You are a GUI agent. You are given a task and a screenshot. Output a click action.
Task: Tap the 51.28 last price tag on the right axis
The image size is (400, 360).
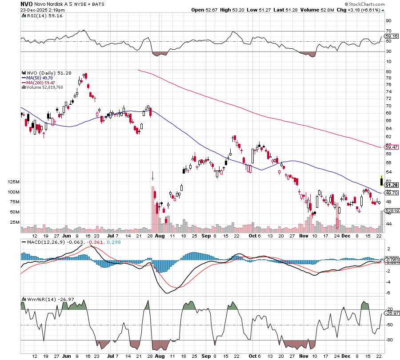point(391,185)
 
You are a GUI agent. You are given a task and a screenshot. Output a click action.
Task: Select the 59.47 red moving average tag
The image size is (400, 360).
point(391,146)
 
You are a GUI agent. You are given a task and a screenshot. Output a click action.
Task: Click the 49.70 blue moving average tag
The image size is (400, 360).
point(391,193)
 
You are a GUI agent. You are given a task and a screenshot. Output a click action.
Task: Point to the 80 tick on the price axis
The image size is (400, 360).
point(388,71)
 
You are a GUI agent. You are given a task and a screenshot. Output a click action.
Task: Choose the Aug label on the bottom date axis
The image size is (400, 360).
point(160,356)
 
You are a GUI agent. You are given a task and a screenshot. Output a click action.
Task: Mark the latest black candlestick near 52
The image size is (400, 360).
point(381,181)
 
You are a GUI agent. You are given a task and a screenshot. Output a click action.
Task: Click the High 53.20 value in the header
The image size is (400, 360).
point(227,10)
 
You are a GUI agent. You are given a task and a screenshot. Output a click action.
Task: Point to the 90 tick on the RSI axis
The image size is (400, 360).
point(388,20)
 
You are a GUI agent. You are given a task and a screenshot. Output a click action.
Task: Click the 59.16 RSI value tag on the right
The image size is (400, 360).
point(391,36)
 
